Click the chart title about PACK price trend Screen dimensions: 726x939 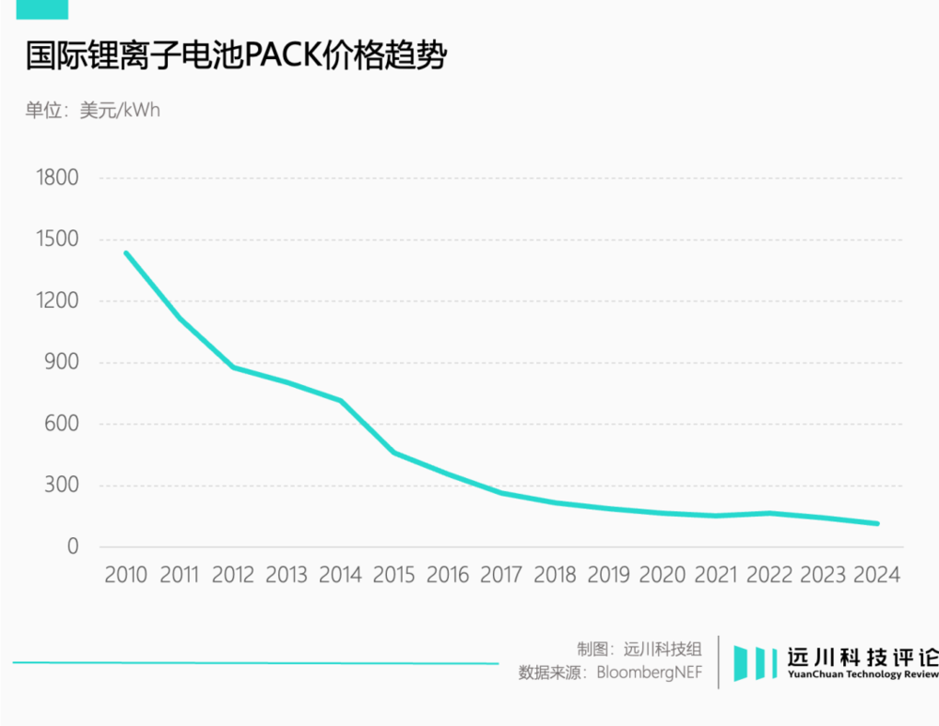point(235,55)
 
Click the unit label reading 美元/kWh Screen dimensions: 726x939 point(120,111)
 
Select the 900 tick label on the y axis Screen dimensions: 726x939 point(61,363)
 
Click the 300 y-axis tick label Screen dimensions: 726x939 point(61,486)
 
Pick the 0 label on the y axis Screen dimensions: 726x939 point(72,547)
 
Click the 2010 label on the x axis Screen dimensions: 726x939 point(126,575)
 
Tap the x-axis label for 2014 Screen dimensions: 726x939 point(340,575)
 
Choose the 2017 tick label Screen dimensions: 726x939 point(500,575)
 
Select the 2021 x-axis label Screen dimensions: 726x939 point(716,575)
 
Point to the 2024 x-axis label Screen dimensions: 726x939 point(876,575)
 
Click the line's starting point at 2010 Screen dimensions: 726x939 point(126,254)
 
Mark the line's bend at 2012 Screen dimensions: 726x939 point(233,366)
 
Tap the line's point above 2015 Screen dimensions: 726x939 point(393,453)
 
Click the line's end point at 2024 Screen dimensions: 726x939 point(876,523)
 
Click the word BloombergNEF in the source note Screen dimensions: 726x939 point(649,672)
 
